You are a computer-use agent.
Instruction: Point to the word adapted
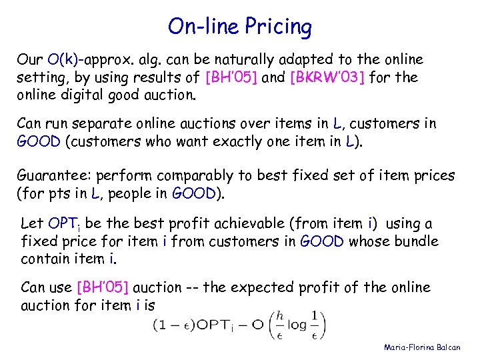[283, 59]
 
